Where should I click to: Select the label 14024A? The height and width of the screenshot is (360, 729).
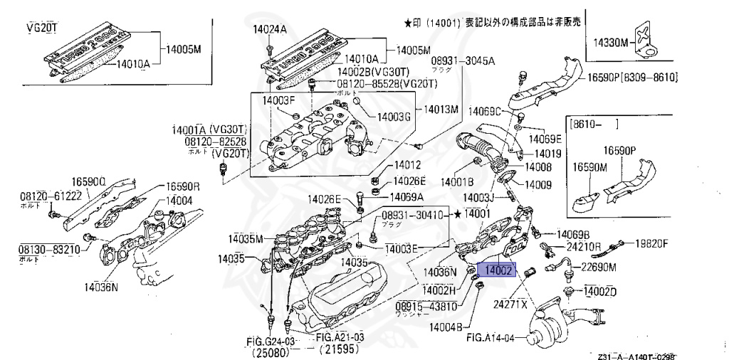click(269, 30)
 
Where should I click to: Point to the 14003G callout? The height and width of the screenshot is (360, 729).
click(394, 116)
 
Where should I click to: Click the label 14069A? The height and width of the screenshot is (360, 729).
click(407, 196)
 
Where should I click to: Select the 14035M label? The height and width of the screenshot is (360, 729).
click(246, 238)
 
